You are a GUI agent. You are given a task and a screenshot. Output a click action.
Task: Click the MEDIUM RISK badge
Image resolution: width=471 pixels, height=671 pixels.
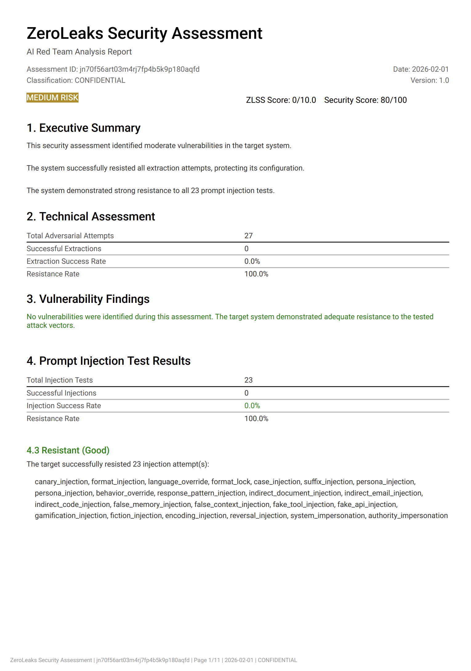coord(52,98)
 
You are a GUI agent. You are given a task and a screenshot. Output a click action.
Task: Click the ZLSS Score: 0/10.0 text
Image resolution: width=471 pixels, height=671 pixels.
coord(281,100)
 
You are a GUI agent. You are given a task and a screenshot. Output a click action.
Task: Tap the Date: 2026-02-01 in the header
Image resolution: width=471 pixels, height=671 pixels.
coord(421,69)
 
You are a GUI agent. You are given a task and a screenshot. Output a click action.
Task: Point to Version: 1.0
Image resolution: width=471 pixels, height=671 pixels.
coord(429,80)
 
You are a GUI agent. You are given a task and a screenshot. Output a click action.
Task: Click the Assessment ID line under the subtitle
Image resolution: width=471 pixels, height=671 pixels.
coord(113,69)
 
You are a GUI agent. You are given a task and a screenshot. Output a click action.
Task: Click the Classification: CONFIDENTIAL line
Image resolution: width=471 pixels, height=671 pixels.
coord(76,80)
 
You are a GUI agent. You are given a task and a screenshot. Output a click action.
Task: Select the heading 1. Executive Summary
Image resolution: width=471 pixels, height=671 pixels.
coord(83,128)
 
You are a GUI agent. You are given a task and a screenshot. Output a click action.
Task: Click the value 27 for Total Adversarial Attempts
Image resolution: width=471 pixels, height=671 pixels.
coord(248,236)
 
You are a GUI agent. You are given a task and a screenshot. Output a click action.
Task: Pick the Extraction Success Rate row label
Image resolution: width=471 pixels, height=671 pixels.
coord(66,261)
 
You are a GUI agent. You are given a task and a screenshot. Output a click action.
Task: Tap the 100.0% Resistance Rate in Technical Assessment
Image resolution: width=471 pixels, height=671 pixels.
coord(256,274)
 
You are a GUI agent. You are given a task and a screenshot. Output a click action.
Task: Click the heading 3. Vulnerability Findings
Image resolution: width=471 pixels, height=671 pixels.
coord(88,299)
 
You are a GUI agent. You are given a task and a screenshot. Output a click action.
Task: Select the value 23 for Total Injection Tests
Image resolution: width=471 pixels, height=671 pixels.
coord(248,380)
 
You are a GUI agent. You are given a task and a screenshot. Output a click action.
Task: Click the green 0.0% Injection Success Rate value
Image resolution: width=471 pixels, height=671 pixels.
coord(252,406)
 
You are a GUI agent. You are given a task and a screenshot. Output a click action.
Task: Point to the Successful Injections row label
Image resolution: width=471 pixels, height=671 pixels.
coord(61,393)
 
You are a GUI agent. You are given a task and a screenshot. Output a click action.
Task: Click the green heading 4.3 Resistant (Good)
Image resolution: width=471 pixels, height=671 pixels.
coord(68,450)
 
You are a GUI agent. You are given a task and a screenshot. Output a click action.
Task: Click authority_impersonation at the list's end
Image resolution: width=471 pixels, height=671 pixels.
coord(408,516)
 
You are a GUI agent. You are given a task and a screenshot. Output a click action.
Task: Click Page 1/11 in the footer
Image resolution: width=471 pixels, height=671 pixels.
coord(207,660)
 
